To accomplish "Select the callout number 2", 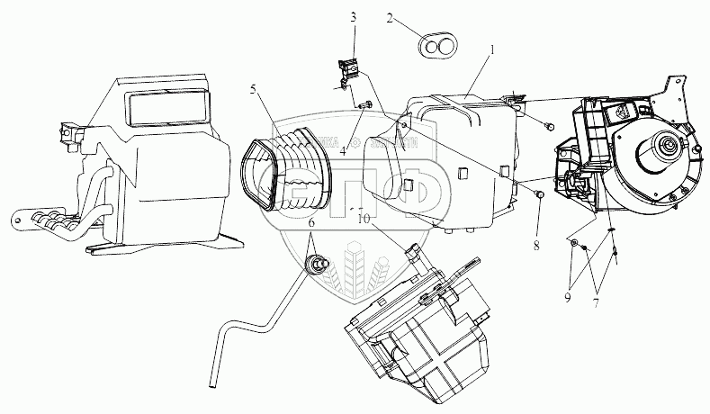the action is [x=390, y=17].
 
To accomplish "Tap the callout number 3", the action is [x=353, y=17].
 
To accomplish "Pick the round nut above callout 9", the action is [x=573, y=243].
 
